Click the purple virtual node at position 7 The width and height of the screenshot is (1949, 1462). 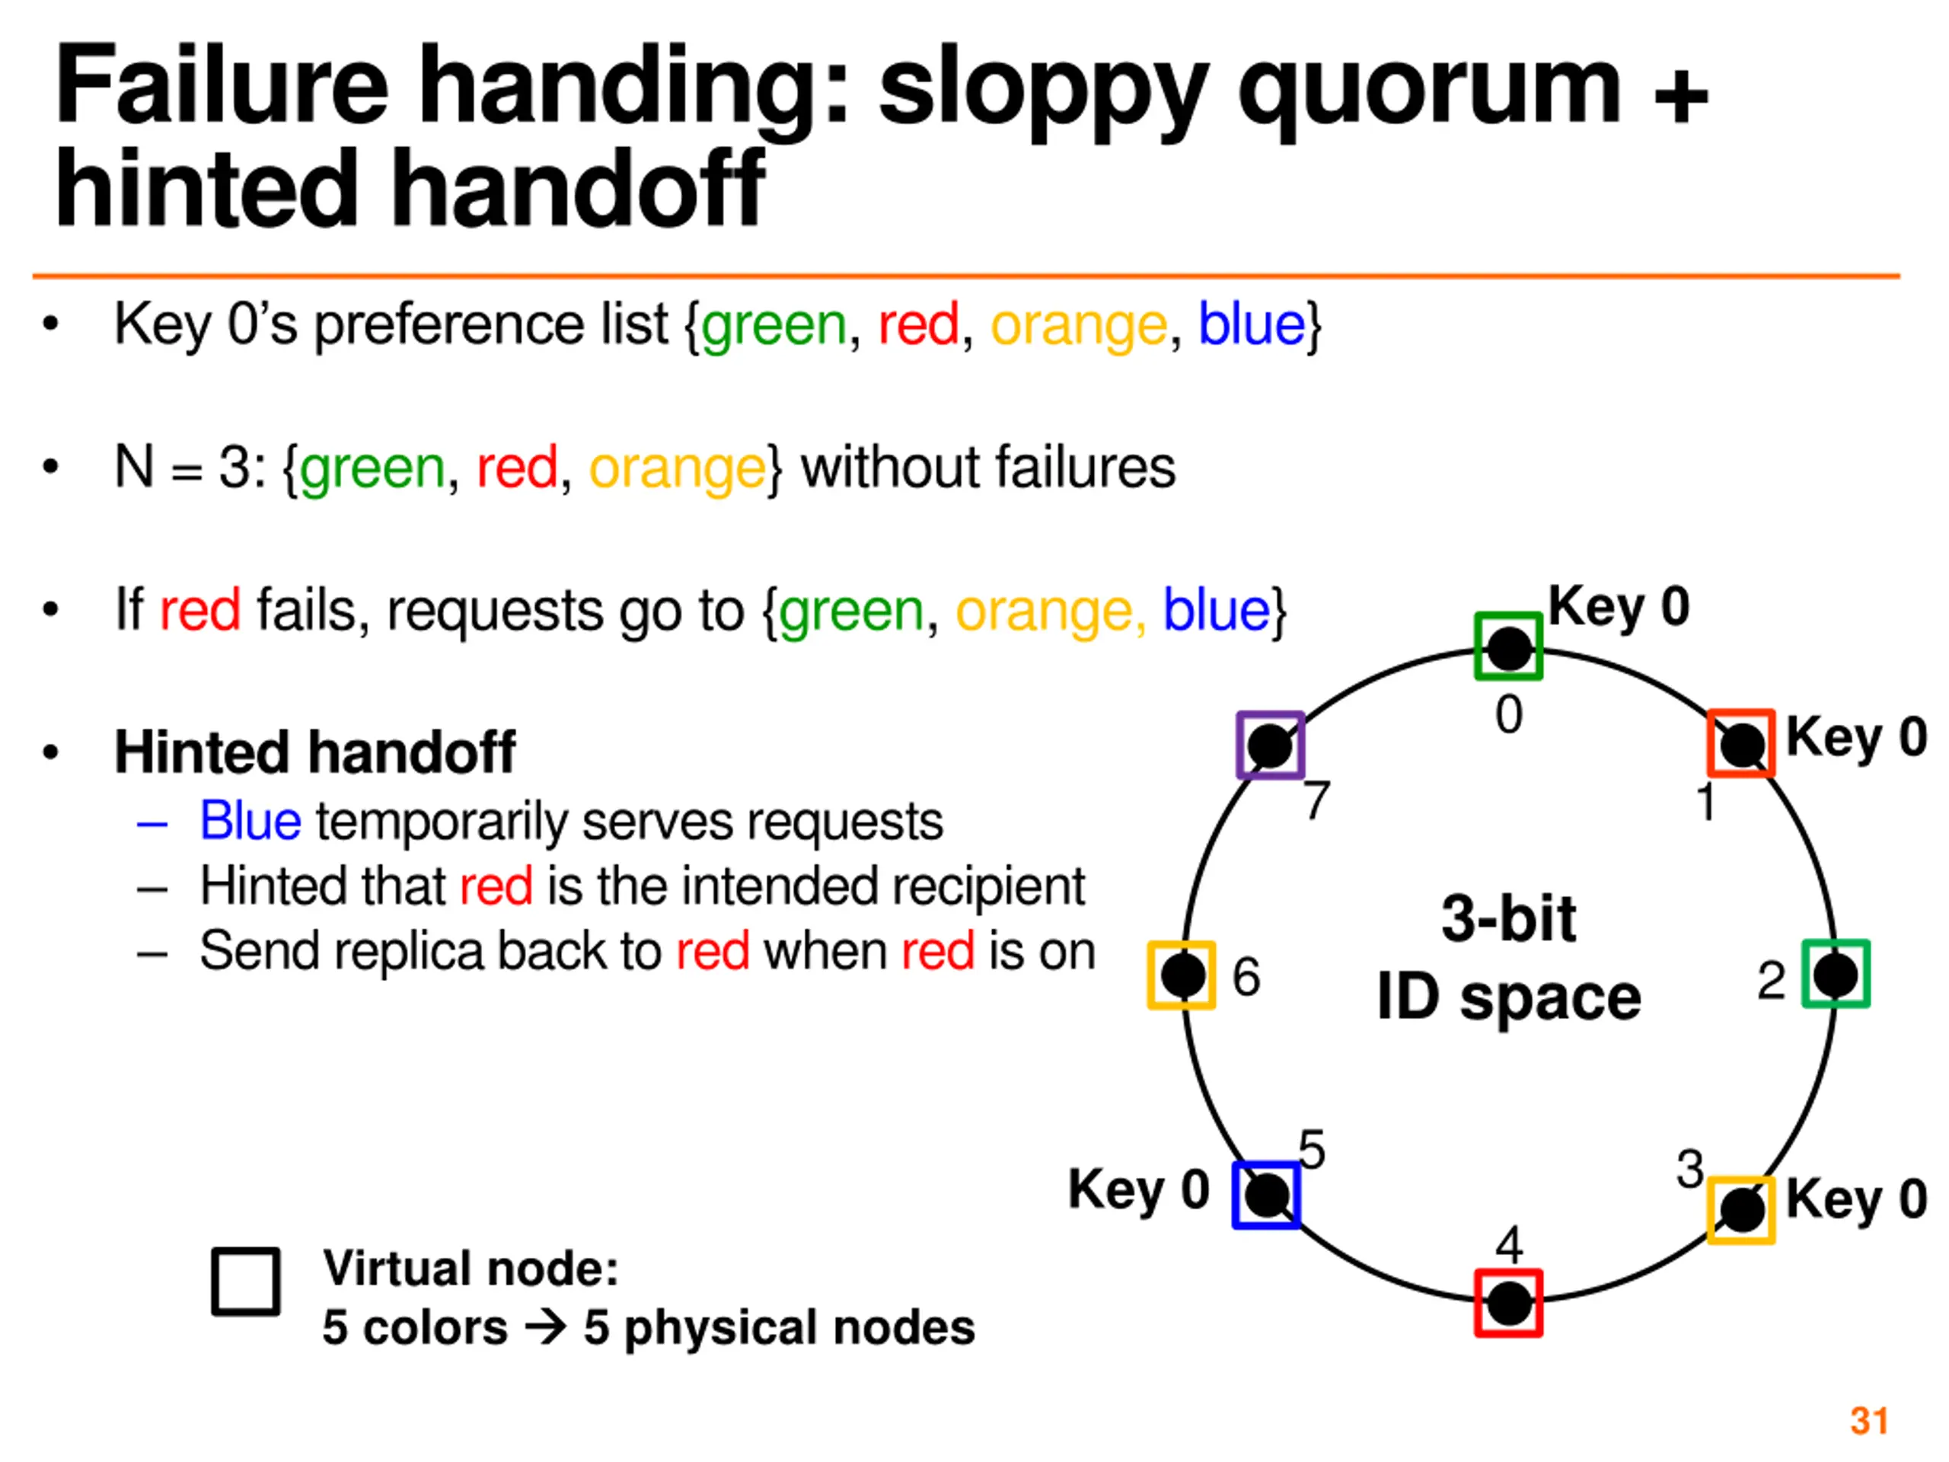(x=1270, y=745)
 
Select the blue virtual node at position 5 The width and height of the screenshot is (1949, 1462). (x=1266, y=1195)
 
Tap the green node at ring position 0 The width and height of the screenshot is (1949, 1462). (x=1508, y=646)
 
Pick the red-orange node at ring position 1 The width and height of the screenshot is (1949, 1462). (x=1741, y=744)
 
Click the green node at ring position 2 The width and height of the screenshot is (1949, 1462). (x=1836, y=974)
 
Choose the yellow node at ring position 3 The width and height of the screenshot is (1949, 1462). (x=1741, y=1210)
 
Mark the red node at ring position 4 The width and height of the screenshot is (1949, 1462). (x=1508, y=1303)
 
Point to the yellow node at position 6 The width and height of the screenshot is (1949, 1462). (x=1182, y=975)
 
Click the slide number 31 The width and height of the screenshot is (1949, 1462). (x=1869, y=1421)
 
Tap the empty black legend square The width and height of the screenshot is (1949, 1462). (x=246, y=1282)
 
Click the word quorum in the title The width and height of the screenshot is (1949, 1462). (x=1428, y=88)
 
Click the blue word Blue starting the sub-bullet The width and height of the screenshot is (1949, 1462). (x=250, y=822)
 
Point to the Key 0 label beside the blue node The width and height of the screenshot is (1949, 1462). (x=1137, y=1189)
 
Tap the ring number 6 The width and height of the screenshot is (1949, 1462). (x=1246, y=976)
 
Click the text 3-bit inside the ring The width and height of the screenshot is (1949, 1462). (x=1508, y=918)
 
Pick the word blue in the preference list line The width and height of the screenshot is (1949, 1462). (x=1251, y=324)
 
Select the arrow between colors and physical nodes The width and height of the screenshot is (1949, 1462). (x=545, y=1327)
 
